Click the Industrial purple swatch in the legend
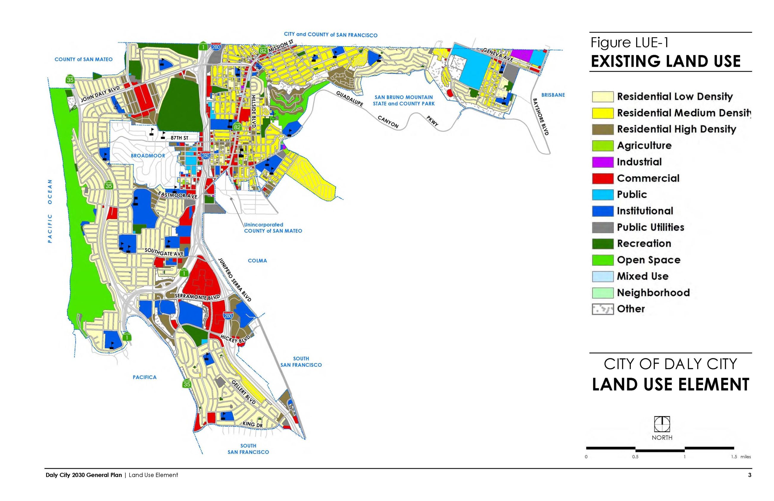point(602,162)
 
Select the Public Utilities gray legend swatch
point(602,227)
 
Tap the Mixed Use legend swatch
point(602,276)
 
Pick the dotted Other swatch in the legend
point(602,309)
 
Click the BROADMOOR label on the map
point(148,156)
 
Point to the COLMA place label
point(257,261)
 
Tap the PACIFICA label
point(144,377)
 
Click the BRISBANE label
point(553,95)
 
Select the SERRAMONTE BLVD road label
point(197,297)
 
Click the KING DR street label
point(252,424)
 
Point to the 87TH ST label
point(179,138)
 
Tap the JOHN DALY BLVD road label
point(100,94)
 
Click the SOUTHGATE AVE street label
point(164,252)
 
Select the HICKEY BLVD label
point(235,338)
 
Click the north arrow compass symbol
point(661,424)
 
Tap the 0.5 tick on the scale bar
point(635,457)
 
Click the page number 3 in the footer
point(749,475)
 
